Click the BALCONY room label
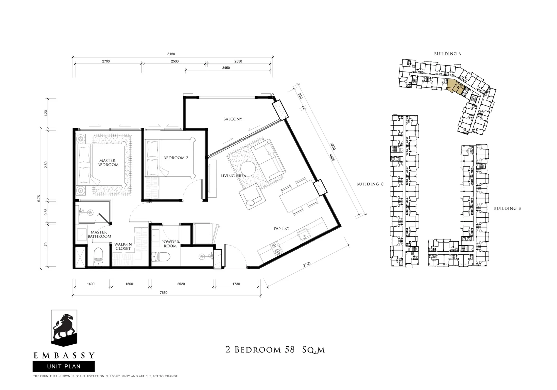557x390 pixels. coord(233,119)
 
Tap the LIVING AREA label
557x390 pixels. coord(233,176)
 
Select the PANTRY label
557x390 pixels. coord(281,228)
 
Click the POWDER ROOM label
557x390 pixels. coord(170,244)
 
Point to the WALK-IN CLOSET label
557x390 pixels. coord(123,246)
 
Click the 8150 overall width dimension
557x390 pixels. coord(171,54)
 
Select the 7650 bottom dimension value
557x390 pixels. coord(163,293)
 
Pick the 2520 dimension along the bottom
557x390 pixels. coord(181,284)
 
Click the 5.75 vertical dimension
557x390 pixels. coord(39,198)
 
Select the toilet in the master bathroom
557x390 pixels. coord(99,257)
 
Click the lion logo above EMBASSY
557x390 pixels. coord(64,328)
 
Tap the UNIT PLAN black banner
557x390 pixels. coord(64,366)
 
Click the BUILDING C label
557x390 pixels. coord(370,184)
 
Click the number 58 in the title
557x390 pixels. coord(290,350)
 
